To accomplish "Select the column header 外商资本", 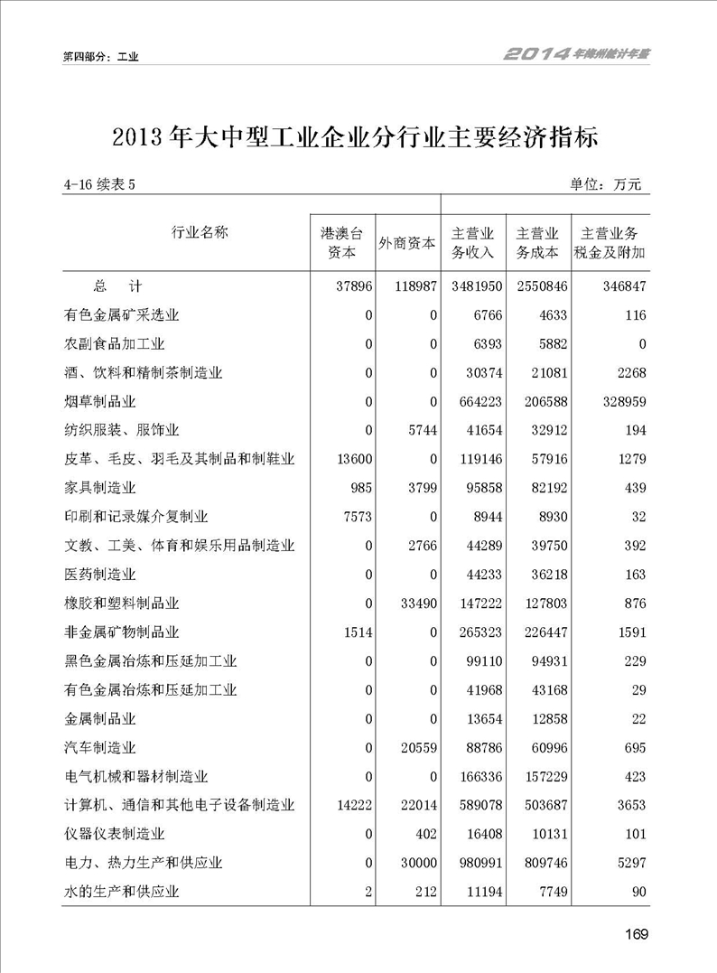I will [407, 243].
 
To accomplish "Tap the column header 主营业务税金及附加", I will [610, 243].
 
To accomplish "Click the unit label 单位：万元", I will [605, 185].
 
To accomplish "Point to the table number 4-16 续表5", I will [99, 185].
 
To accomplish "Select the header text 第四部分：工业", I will [100, 56].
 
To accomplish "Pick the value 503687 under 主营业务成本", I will [535, 806].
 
